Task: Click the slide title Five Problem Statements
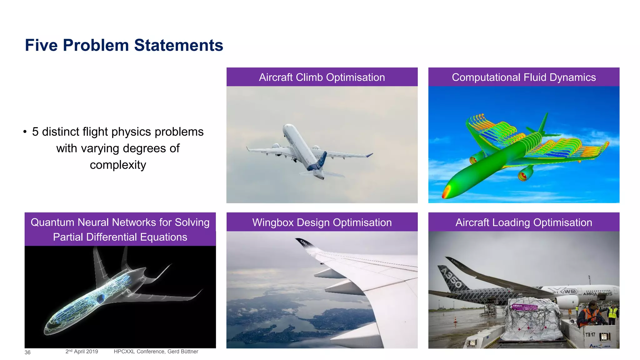(124, 45)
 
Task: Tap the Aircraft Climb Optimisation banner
(322, 77)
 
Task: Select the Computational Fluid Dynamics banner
(524, 77)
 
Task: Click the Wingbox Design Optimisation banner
(322, 222)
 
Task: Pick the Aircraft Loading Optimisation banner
(524, 222)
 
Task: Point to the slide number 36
(27, 352)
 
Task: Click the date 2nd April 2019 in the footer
(82, 352)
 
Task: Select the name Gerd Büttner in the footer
(183, 352)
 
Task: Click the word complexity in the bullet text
(118, 165)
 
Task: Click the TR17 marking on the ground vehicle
(590, 335)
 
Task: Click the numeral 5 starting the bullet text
(35, 132)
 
